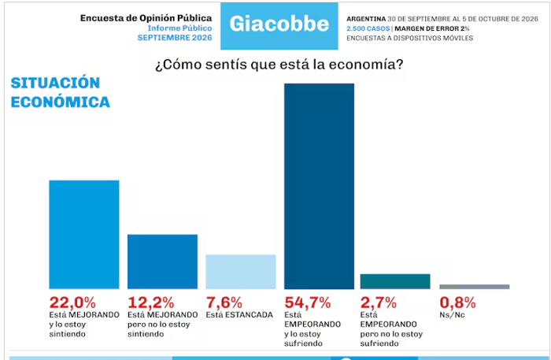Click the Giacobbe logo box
[279, 26]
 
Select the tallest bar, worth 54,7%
[319, 187]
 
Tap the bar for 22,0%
[84, 235]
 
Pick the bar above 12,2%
[162, 262]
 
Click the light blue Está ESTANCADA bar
[241, 272]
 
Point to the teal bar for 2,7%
[395, 281]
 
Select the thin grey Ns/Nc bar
[475, 287]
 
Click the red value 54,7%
[308, 302]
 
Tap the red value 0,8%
[457, 302]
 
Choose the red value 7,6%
[224, 302]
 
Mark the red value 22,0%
[72, 302]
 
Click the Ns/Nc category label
[452, 315]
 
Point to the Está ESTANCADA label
[239, 314]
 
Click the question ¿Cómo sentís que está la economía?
[279, 65]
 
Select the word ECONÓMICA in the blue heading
[61, 102]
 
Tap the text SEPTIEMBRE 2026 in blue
[175, 38]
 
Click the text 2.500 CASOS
[368, 28]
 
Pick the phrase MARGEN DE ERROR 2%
[432, 28]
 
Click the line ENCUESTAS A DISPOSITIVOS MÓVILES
[410, 38]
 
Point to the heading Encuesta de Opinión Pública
[146, 18]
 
